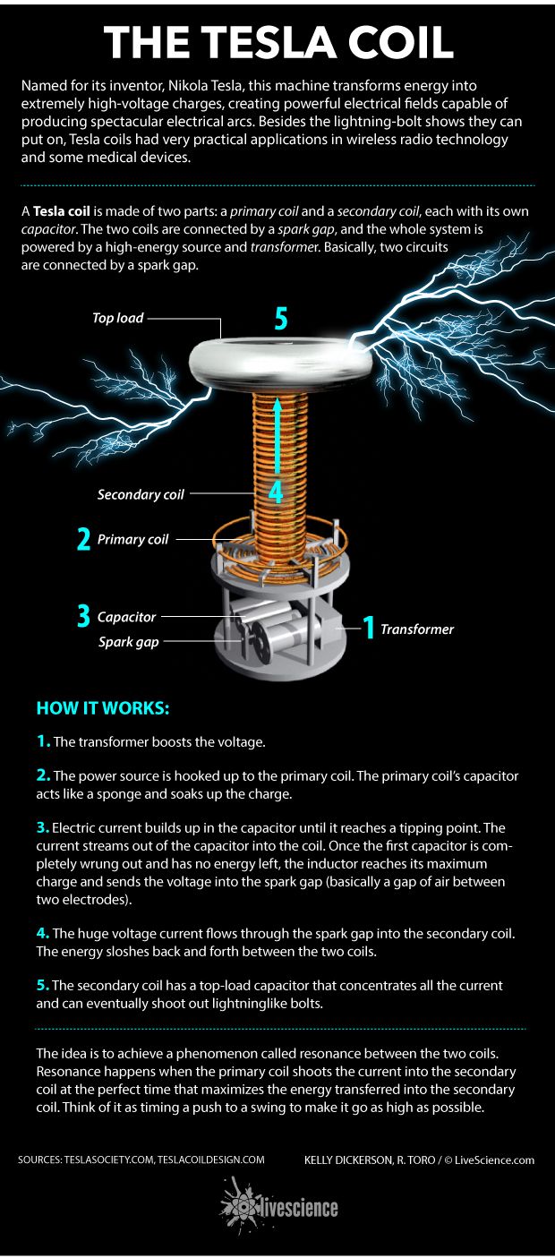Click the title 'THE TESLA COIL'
[277, 42]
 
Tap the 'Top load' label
[117, 318]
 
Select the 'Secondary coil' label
[141, 494]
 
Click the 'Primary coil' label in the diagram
[132, 540]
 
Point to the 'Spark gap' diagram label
[128, 642]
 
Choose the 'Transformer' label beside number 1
[417, 629]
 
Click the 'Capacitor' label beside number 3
[126, 617]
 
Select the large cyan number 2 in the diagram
[83, 540]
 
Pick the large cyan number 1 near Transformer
[366, 629]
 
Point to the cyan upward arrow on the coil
[277, 439]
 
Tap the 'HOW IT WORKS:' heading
[103, 708]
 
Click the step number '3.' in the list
[43, 827]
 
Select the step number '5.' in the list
[43, 985]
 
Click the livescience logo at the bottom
[278, 1208]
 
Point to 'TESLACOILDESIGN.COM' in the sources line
[211, 1160]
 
